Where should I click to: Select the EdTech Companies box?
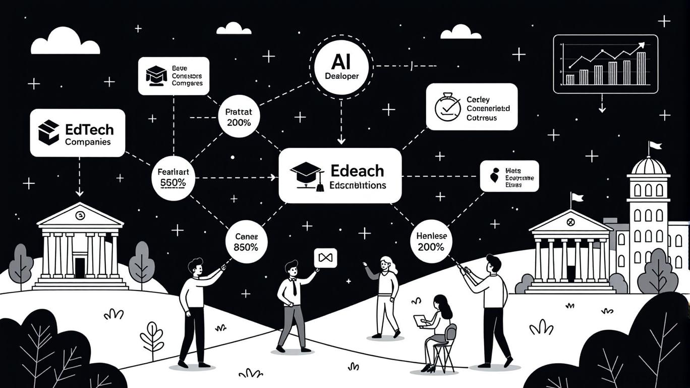[x=77, y=132]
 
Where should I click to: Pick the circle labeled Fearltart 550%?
[x=172, y=178]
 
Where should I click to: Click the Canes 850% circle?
[x=247, y=241]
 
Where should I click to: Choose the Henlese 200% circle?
[x=431, y=241]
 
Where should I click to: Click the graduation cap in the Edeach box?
[x=306, y=175]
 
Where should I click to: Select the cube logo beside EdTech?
[x=49, y=132]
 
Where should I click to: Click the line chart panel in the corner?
[x=605, y=64]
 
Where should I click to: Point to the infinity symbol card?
[x=325, y=258]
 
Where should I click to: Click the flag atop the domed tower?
[x=655, y=145]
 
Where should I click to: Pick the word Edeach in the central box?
[x=357, y=170]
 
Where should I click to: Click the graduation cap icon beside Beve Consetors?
[x=156, y=74]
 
